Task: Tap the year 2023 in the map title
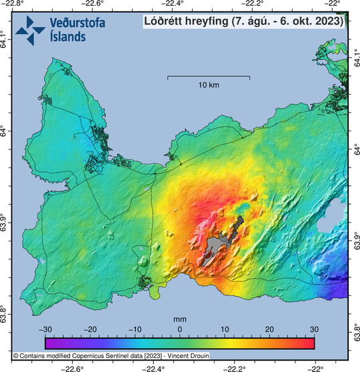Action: (327, 21)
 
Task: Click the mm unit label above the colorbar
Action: (179, 319)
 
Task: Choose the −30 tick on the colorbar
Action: (45, 329)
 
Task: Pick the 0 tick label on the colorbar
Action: (179, 329)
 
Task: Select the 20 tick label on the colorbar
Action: (269, 329)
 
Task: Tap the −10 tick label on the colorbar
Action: (134, 329)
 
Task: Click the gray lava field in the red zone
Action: (218, 249)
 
